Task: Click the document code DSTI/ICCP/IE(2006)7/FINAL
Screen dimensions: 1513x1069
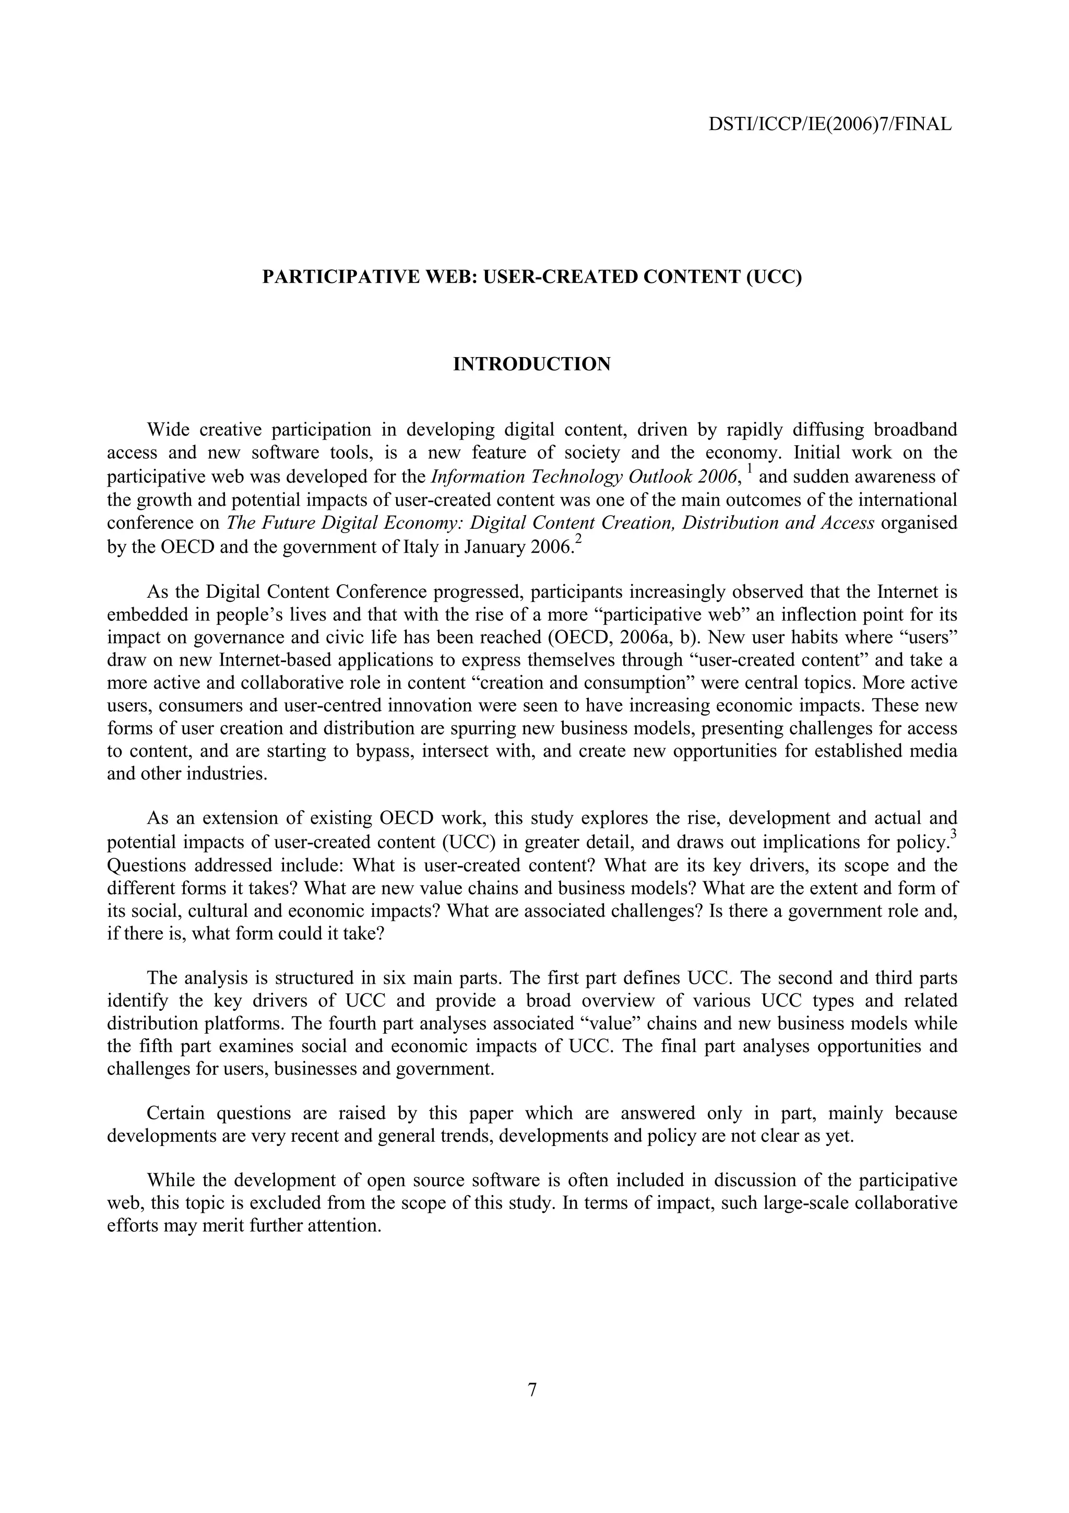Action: point(830,124)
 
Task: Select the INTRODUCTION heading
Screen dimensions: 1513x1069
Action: point(531,364)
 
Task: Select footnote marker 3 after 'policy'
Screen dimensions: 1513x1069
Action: point(954,835)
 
